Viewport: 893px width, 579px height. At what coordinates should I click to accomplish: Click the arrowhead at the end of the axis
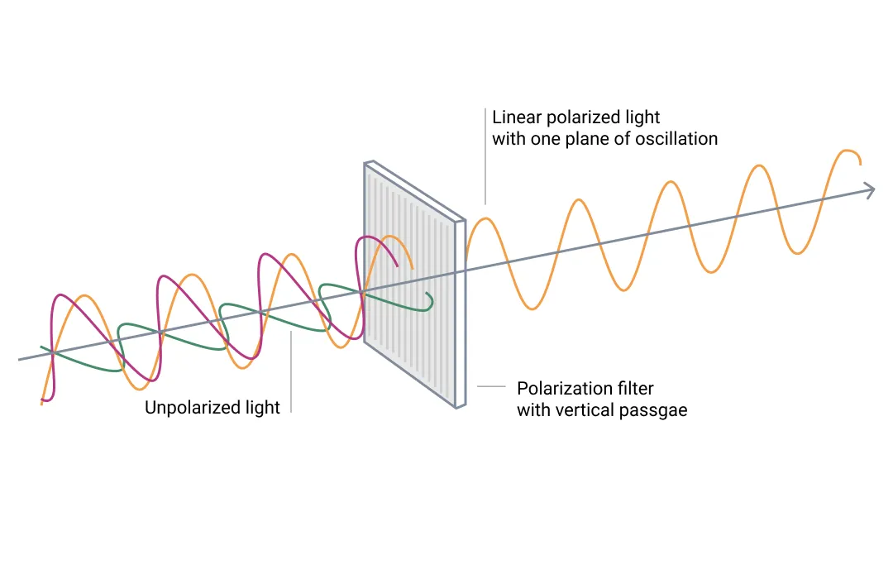[x=870, y=190]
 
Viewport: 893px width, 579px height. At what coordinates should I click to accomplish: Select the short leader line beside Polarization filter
[x=492, y=386]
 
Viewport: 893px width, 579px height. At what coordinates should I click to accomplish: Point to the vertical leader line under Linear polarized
[x=485, y=165]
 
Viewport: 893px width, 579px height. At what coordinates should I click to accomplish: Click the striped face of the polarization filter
[x=410, y=281]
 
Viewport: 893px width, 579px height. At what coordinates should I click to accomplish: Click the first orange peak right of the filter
[x=486, y=220]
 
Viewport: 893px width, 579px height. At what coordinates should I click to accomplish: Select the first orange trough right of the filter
[x=534, y=308]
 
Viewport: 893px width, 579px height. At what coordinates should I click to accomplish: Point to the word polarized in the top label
[x=582, y=117]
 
